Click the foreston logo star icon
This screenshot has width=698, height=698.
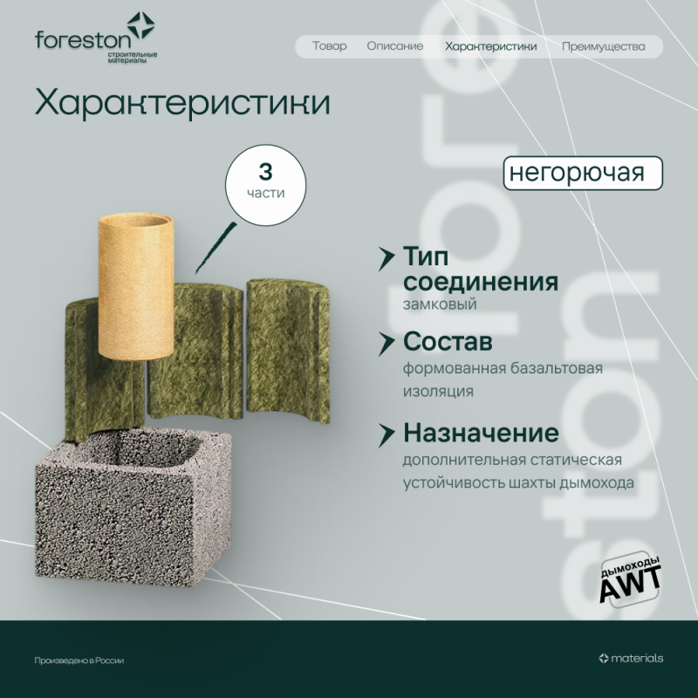(140, 26)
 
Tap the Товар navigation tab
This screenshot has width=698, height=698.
(329, 46)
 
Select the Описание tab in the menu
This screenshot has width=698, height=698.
(394, 46)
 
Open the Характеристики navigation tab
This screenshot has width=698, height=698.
(490, 46)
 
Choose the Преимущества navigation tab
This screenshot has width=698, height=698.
(603, 46)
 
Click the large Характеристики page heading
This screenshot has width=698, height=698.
(182, 103)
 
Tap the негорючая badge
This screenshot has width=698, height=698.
(582, 172)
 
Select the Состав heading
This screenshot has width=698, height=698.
(448, 340)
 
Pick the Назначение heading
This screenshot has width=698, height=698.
(480, 433)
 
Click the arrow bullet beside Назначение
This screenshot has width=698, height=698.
(385, 433)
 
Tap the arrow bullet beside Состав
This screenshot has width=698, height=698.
(385, 340)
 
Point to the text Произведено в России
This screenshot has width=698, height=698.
(79, 660)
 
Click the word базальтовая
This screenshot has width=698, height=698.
(559, 368)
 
